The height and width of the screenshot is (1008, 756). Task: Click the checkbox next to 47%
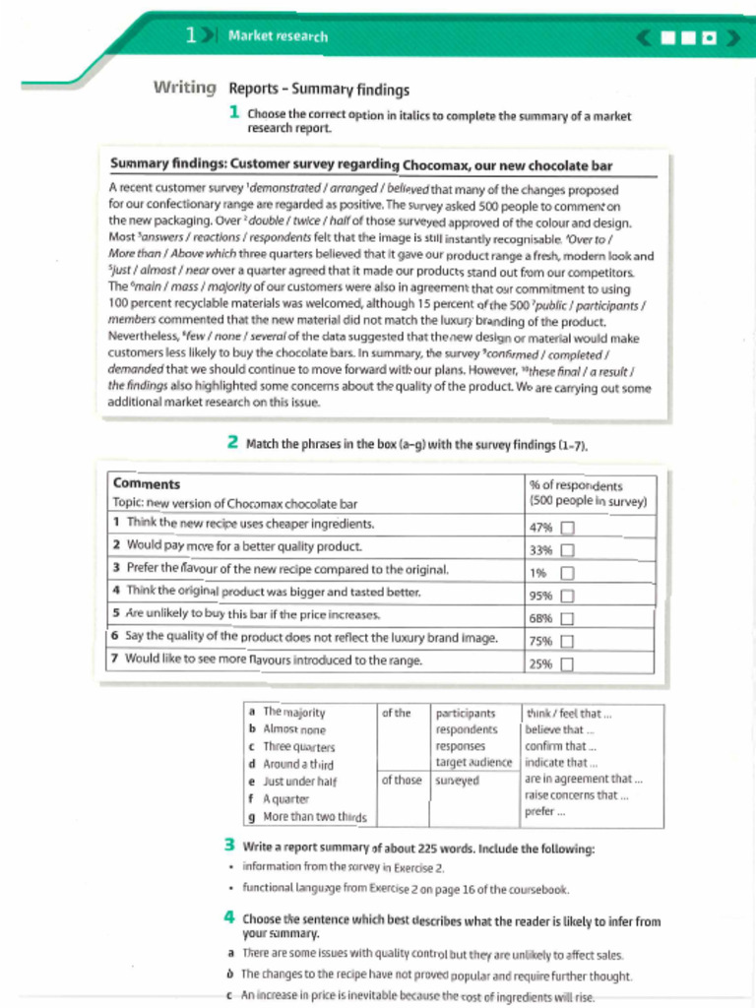[x=567, y=528]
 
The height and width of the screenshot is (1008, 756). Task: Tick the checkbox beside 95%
[x=567, y=596]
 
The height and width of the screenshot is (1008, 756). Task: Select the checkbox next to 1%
[x=567, y=573]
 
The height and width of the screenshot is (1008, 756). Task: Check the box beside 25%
[x=567, y=664]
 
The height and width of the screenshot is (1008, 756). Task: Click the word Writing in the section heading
[x=184, y=88]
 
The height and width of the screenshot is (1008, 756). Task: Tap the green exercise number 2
[x=232, y=442]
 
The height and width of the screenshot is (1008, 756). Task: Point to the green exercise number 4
[x=228, y=917]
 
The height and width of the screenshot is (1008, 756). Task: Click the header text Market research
[x=278, y=36]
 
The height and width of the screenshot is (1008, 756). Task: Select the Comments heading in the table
[x=147, y=483]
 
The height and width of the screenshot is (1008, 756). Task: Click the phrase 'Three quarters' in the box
[x=299, y=747]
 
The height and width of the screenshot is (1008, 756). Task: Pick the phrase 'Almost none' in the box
[x=294, y=729]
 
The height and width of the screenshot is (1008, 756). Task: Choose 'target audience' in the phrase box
[x=473, y=762]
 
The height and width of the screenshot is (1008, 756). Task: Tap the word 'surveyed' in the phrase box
[x=457, y=781]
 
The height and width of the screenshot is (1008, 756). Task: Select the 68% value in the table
[x=540, y=619]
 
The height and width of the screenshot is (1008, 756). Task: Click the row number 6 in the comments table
[x=116, y=637]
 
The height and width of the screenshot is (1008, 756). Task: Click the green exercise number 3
[x=228, y=845]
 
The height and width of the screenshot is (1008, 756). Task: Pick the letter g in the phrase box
[x=253, y=817]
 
